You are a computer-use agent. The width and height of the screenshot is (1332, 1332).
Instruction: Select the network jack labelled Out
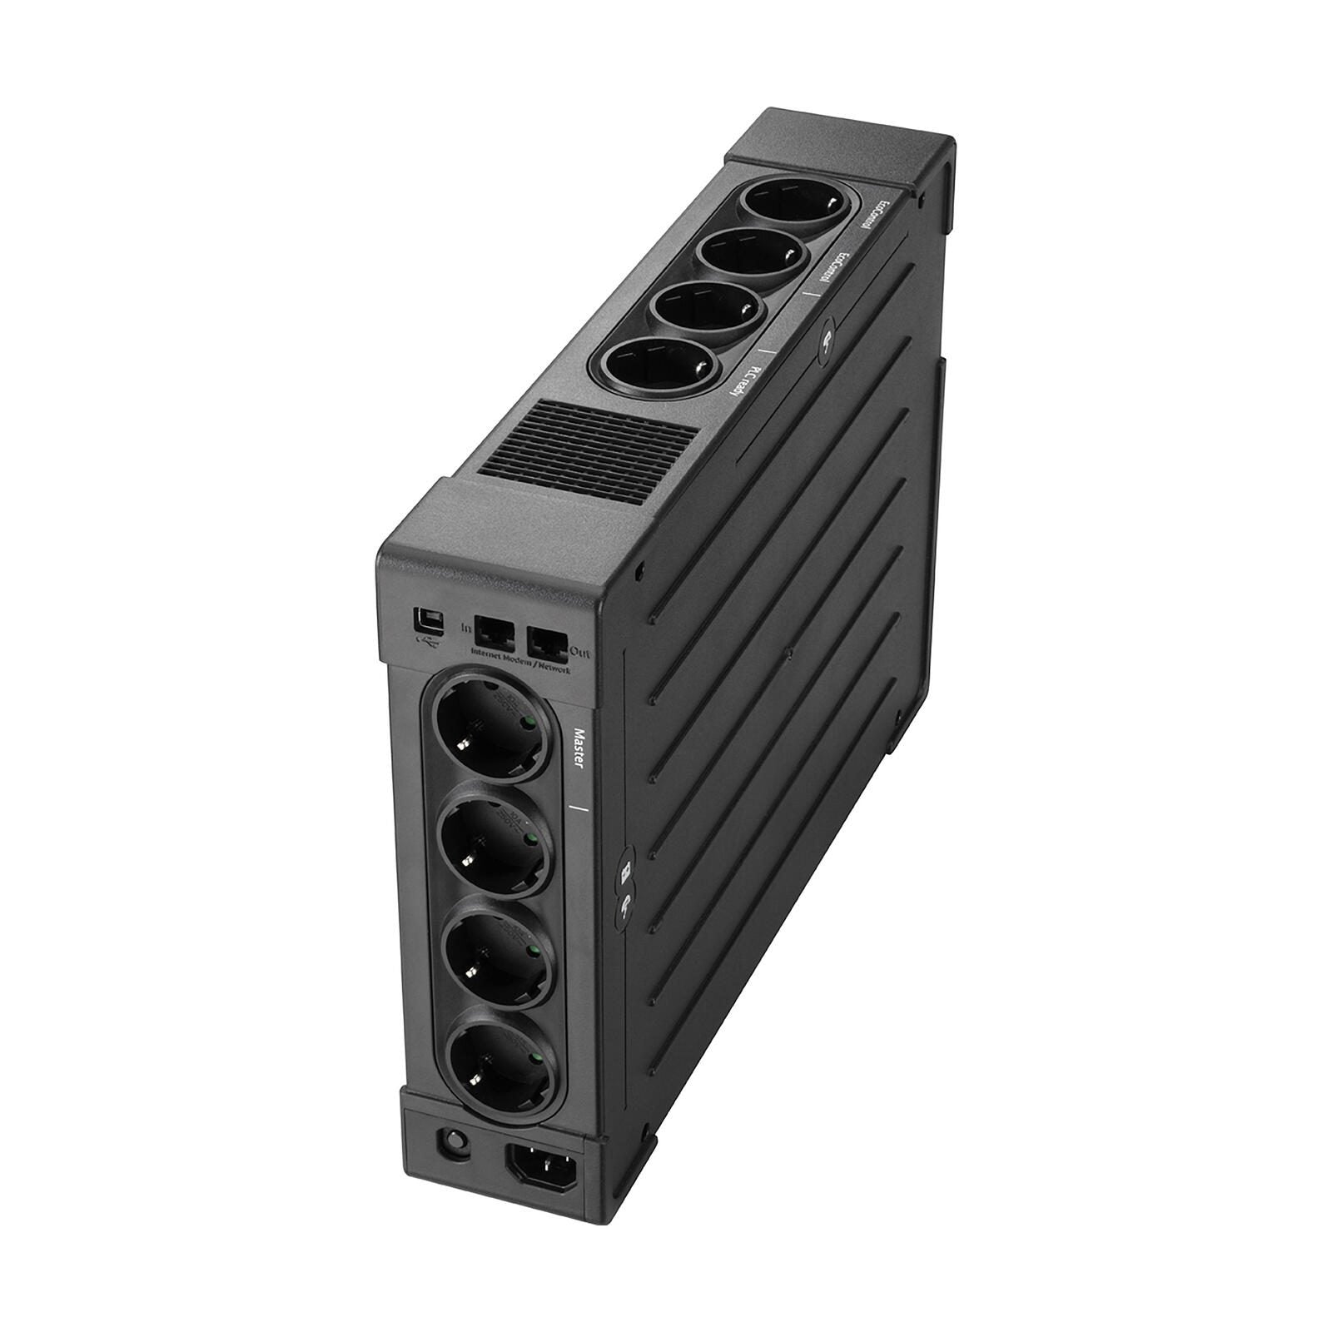[545, 639]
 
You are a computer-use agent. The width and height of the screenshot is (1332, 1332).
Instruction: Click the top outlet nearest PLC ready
[662, 365]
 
